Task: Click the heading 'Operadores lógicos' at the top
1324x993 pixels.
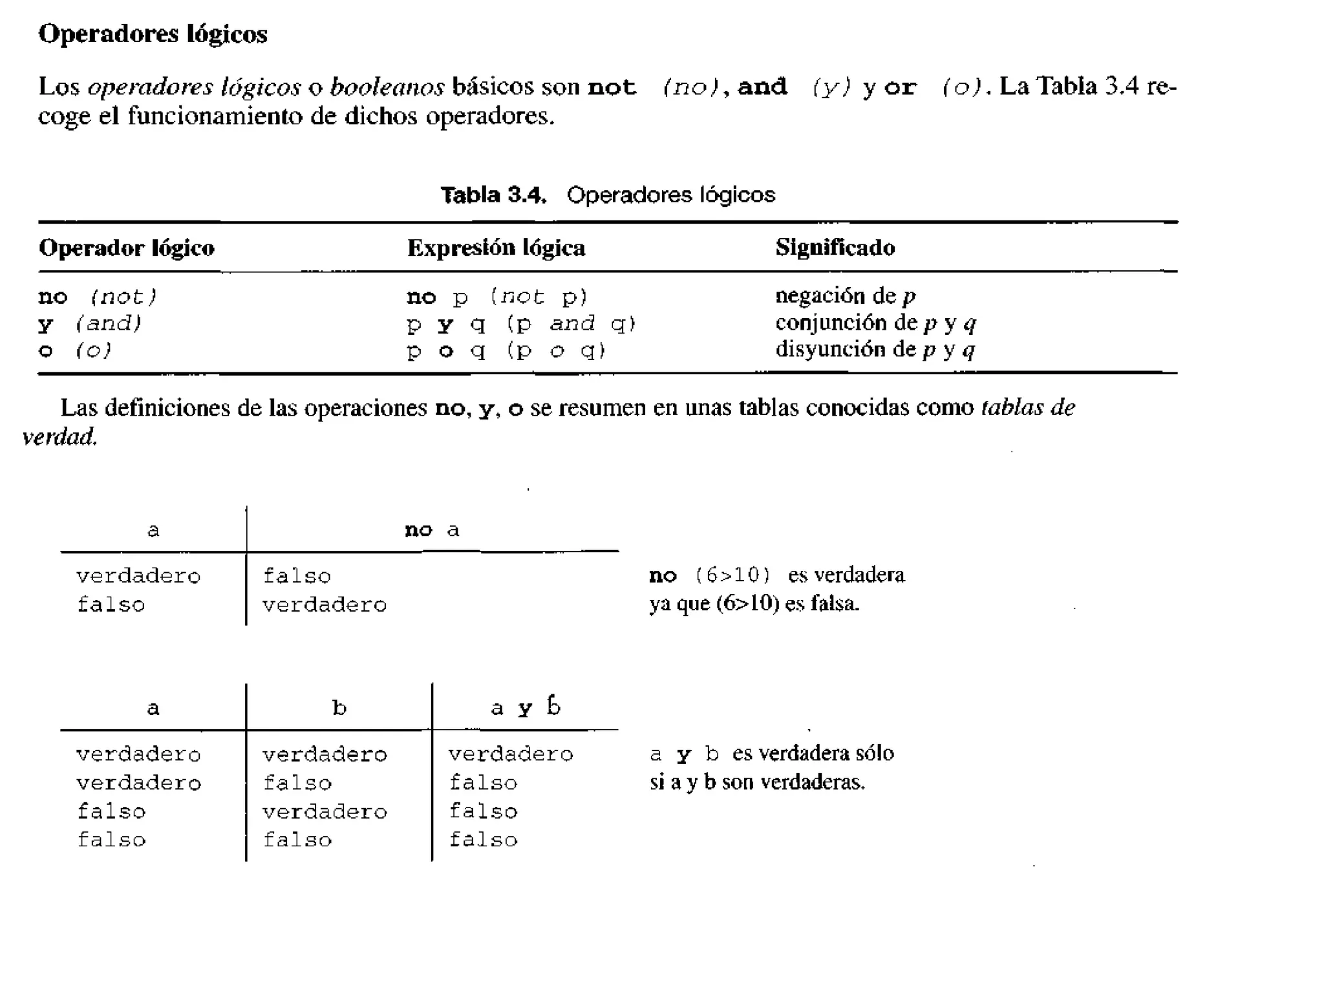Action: pos(153,34)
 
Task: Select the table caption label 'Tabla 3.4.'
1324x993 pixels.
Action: pos(493,195)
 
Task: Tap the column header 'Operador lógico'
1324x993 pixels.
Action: pos(127,248)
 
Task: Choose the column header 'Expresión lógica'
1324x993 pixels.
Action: pos(496,248)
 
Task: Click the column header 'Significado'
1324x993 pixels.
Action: pos(835,248)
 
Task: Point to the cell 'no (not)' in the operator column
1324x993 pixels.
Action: pos(98,297)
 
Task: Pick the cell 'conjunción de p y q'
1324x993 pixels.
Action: pos(875,323)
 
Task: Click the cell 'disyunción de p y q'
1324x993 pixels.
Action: pos(875,350)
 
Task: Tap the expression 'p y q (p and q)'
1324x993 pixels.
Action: pos(521,323)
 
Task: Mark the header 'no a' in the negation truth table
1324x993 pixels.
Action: pos(432,530)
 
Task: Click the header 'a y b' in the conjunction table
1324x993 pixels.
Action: pos(525,707)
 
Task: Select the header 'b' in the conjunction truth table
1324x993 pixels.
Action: pos(339,708)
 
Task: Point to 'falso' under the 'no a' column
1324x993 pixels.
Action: pos(297,576)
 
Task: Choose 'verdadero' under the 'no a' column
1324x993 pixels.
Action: pos(325,605)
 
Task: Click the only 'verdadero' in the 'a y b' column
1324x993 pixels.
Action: pos(511,754)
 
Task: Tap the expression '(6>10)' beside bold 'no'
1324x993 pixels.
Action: pos(733,575)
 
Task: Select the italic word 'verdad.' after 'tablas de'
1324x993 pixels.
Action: pos(59,437)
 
